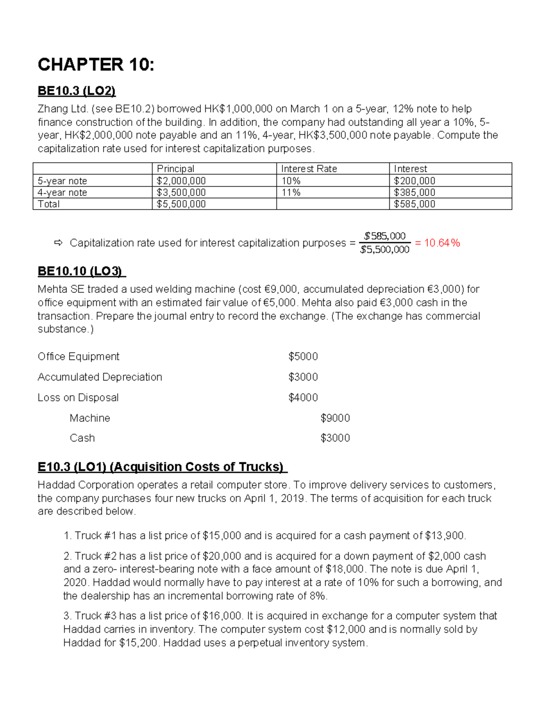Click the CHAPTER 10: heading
(96, 65)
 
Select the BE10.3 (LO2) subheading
(76, 91)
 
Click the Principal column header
(175, 169)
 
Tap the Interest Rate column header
(309, 169)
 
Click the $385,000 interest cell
(414, 192)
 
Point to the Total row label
(49, 204)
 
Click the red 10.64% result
(442, 243)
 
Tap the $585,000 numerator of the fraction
(385, 236)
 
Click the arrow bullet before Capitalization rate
(58, 243)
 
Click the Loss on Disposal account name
(78, 398)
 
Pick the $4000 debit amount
(303, 398)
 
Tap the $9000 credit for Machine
(335, 418)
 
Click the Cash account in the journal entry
(82, 438)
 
